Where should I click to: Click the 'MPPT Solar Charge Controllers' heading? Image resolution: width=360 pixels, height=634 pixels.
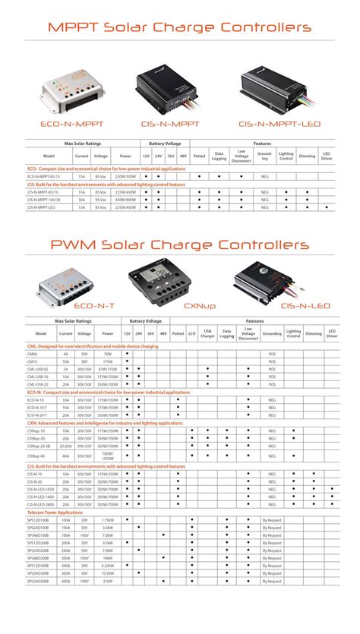[179, 27]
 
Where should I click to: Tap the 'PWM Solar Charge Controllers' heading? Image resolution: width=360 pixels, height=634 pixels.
[179, 244]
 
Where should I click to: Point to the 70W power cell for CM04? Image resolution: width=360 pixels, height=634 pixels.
[107, 354]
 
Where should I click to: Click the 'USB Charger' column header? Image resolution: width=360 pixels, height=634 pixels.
[207, 333]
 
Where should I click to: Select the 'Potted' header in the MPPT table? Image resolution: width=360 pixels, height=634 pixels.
[199, 156]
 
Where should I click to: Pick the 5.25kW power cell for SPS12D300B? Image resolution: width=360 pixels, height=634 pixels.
[107, 585]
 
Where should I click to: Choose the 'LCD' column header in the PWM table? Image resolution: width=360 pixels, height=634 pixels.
[192, 333]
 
